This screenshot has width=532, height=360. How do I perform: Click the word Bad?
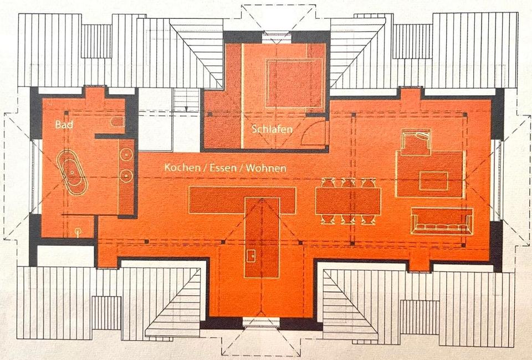(x=64, y=125)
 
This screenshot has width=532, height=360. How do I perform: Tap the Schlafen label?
(x=272, y=128)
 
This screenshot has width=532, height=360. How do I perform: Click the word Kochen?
(x=182, y=167)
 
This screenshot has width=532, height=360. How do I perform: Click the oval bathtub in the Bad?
(x=71, y=172)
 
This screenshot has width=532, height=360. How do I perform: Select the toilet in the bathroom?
(x=117, y=122)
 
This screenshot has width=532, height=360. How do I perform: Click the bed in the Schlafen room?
(x=294, y=83)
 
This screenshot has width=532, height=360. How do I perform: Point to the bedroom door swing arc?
(x=318, y=135)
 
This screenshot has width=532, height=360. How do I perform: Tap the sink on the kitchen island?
(x=251, y=255)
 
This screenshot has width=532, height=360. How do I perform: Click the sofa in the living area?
(x=442, y=221)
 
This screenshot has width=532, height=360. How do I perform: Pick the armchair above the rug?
(x=416, y=142)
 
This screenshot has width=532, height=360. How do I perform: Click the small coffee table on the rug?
(x=433, y=181)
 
